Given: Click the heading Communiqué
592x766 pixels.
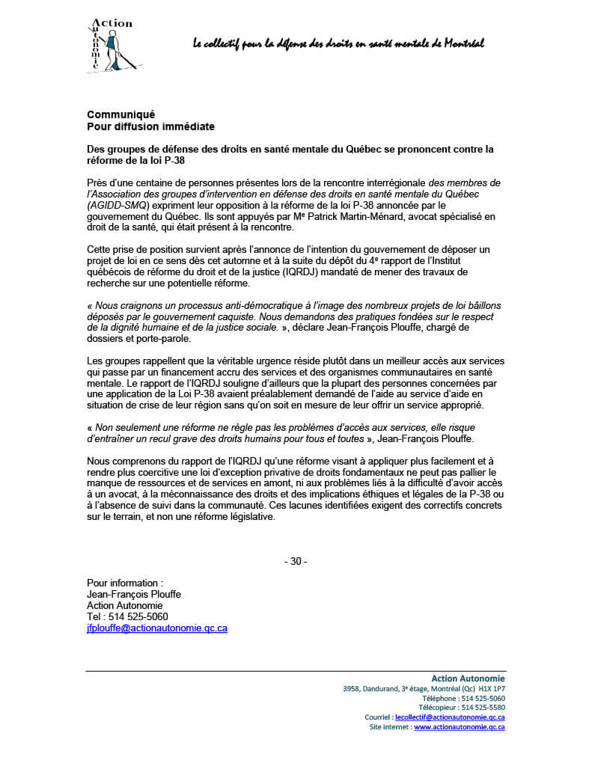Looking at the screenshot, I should click(x=120, y=114).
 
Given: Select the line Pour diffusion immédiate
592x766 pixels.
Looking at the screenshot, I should click(x=150, y=126).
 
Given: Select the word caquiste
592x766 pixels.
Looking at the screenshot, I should click(x=229, y=317).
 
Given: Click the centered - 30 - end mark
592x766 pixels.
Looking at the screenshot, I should click(x=296, y=562).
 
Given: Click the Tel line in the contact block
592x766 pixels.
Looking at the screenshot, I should click(x=127, y=617).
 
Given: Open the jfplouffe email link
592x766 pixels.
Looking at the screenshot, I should click(x=157, y=628).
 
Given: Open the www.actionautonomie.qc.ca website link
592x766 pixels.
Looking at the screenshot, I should click(x=459, y=726).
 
